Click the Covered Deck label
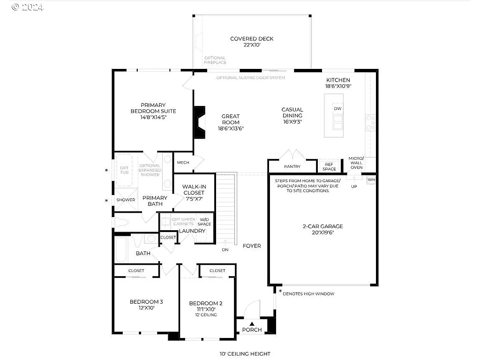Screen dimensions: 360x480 pyautogui.click(x=252, y=39)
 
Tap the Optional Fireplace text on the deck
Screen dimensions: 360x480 pyautogui.click(x=215, y=60)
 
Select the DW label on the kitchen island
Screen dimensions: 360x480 pyautogui.click(x=337, y=109)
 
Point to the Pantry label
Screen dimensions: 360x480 pyautogui.click(x=292, y=166)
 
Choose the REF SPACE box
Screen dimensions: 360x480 pyautogui.click(x=329, y=167)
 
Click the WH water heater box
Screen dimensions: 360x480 pyautogui.click(x=371, y=180)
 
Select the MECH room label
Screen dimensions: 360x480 pyautogui.click(x=183, y=163)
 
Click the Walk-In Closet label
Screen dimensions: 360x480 pyautogui.click(x=194, y=189)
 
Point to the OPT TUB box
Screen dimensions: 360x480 pyautogui.click(x=124, y=170)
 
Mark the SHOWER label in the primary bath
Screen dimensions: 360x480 pyautogui.click(x=126, y=200)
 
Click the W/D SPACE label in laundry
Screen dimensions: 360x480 pyautogui.click(x=205, y=222)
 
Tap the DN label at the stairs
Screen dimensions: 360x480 pyautogui.click(x=225, y=250)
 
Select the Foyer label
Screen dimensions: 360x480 pyautogui.click(x=252, y=246)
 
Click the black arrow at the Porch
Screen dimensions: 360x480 pyautogui.click(x=252, y=323)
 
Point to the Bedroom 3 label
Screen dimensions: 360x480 pyautogui.click(x=146, y=301)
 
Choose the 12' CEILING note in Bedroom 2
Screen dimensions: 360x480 pyautogui.click(x=206, y=315)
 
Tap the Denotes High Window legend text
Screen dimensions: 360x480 pyautogui.click(x=308, y=293)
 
